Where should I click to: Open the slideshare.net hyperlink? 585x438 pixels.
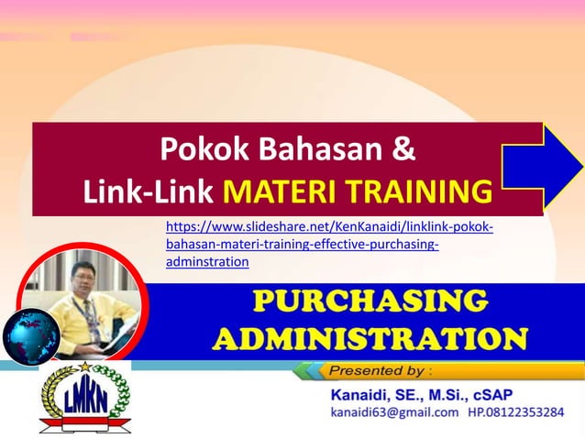click(328, 244)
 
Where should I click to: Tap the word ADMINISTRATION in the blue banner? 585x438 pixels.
click(370, 337)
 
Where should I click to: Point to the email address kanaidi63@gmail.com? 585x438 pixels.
click(394, 413)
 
